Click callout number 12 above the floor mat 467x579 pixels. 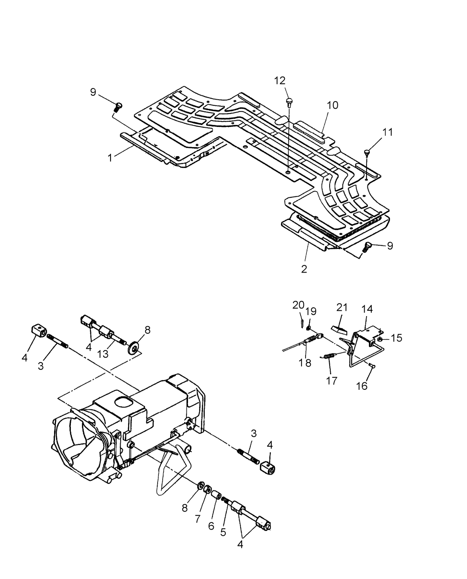279,81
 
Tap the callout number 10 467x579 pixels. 332,105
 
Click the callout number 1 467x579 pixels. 110,158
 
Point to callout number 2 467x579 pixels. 304,269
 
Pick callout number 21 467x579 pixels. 342,308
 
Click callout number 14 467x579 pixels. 367,309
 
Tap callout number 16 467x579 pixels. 362,386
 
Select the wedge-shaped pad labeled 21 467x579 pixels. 339,329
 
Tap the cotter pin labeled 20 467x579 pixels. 302,323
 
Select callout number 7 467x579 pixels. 198,519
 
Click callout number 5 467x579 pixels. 223,532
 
